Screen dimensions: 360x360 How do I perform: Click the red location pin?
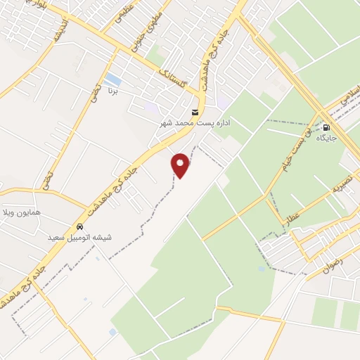181,165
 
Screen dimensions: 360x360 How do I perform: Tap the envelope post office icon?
195,112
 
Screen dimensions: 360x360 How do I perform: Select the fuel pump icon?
327,127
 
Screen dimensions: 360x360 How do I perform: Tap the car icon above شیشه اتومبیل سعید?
80,227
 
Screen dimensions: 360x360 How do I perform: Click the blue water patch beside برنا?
112,79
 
